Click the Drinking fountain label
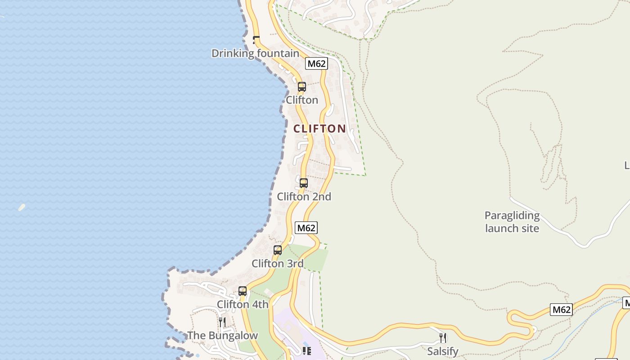click(x=255, y=54)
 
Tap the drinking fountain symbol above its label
click(x=256, y=40)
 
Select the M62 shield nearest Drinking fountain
click(x=316, y=63)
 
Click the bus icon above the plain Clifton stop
click(x=302, y=87)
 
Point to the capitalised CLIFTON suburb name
click(x=319, y=129)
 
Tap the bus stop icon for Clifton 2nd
click(x=304, y=183)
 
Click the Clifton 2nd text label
click(x=304, y=197)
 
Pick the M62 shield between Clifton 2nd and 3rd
click(x=306, y=228)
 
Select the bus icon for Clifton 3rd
click(x=278, y=250)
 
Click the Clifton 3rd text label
click(x=278, y=264)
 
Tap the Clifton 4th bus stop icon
click(x=243, y=291)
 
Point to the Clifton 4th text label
click(x=243, y=305)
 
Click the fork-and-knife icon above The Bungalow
click(x=222, y=322)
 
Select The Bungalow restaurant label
click(x=222, y=336)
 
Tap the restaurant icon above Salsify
click(x=443, y=337)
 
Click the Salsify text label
click(x=443, y=351)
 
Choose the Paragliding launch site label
click(x=512, y=222)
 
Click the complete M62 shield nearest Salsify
click(x=561, y=310)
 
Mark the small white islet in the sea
click(x=22, y=207)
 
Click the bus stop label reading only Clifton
click(x=302, y=100)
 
